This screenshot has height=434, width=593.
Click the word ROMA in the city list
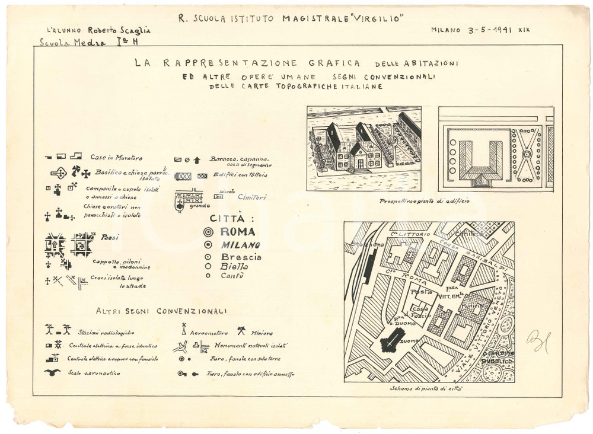[x=238, y=232]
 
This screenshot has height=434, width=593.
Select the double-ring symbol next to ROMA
[x=208, y=232]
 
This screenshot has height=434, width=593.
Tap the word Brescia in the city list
[x=241, y=257]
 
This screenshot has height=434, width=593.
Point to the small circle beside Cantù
[x=208, y=275]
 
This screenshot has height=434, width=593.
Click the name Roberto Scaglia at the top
[x=113, y=29]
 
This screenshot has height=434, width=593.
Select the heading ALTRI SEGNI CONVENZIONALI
[x=161, y=310]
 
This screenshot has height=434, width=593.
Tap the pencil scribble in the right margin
[x=538, y=341]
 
